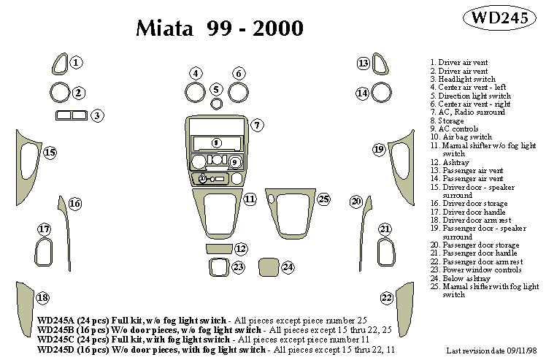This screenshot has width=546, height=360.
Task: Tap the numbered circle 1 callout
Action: click(77, 64)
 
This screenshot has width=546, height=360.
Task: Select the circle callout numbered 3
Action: click(96, 115)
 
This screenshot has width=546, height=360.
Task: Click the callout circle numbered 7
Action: click(257, 126)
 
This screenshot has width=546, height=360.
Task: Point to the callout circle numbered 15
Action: click(49, 153)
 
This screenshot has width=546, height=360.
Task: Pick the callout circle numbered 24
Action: click(288, 267)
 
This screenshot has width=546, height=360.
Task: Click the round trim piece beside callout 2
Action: click(59, 93)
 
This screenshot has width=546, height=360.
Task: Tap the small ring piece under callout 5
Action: click(216, 103)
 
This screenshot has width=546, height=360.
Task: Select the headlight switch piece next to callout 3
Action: click(71, 115)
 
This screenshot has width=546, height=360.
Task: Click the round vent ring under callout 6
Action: click(238, 93)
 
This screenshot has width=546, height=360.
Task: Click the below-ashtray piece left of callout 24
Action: click(268, 267)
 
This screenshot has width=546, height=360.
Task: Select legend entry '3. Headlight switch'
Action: click(463, 79)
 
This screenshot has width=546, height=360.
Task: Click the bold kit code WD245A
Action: click(57, 321)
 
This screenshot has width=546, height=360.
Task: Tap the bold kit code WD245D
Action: click(57, 350)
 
